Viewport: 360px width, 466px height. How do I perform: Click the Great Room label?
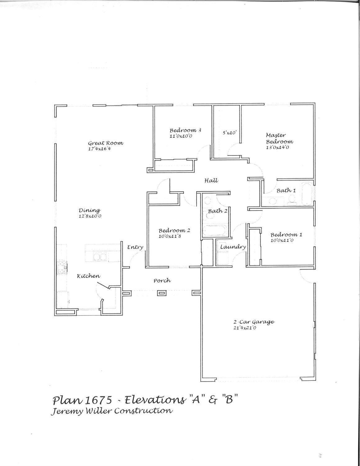[x=106, y=143]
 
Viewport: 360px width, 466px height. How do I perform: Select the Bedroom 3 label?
[x=185, y=130]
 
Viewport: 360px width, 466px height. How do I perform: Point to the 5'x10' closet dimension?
[x=230, y=133]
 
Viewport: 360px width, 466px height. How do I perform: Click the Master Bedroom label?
[x=279, y=138]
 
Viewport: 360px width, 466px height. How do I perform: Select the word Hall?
[x=211, y=181]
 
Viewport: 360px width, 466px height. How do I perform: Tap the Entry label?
[x=135, y=247]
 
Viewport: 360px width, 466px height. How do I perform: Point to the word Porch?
[x=162, y=281]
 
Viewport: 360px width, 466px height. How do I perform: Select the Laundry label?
[x=233, y=247]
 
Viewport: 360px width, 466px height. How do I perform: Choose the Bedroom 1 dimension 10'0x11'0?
[x=282, y=240]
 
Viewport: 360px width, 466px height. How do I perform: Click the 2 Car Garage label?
[x=254, y=322]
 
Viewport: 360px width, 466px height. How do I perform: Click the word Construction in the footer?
[x=143, y=411]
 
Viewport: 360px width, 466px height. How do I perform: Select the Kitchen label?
[x=89, y=276]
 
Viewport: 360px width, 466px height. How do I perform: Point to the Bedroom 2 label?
[x=174, y=231]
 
